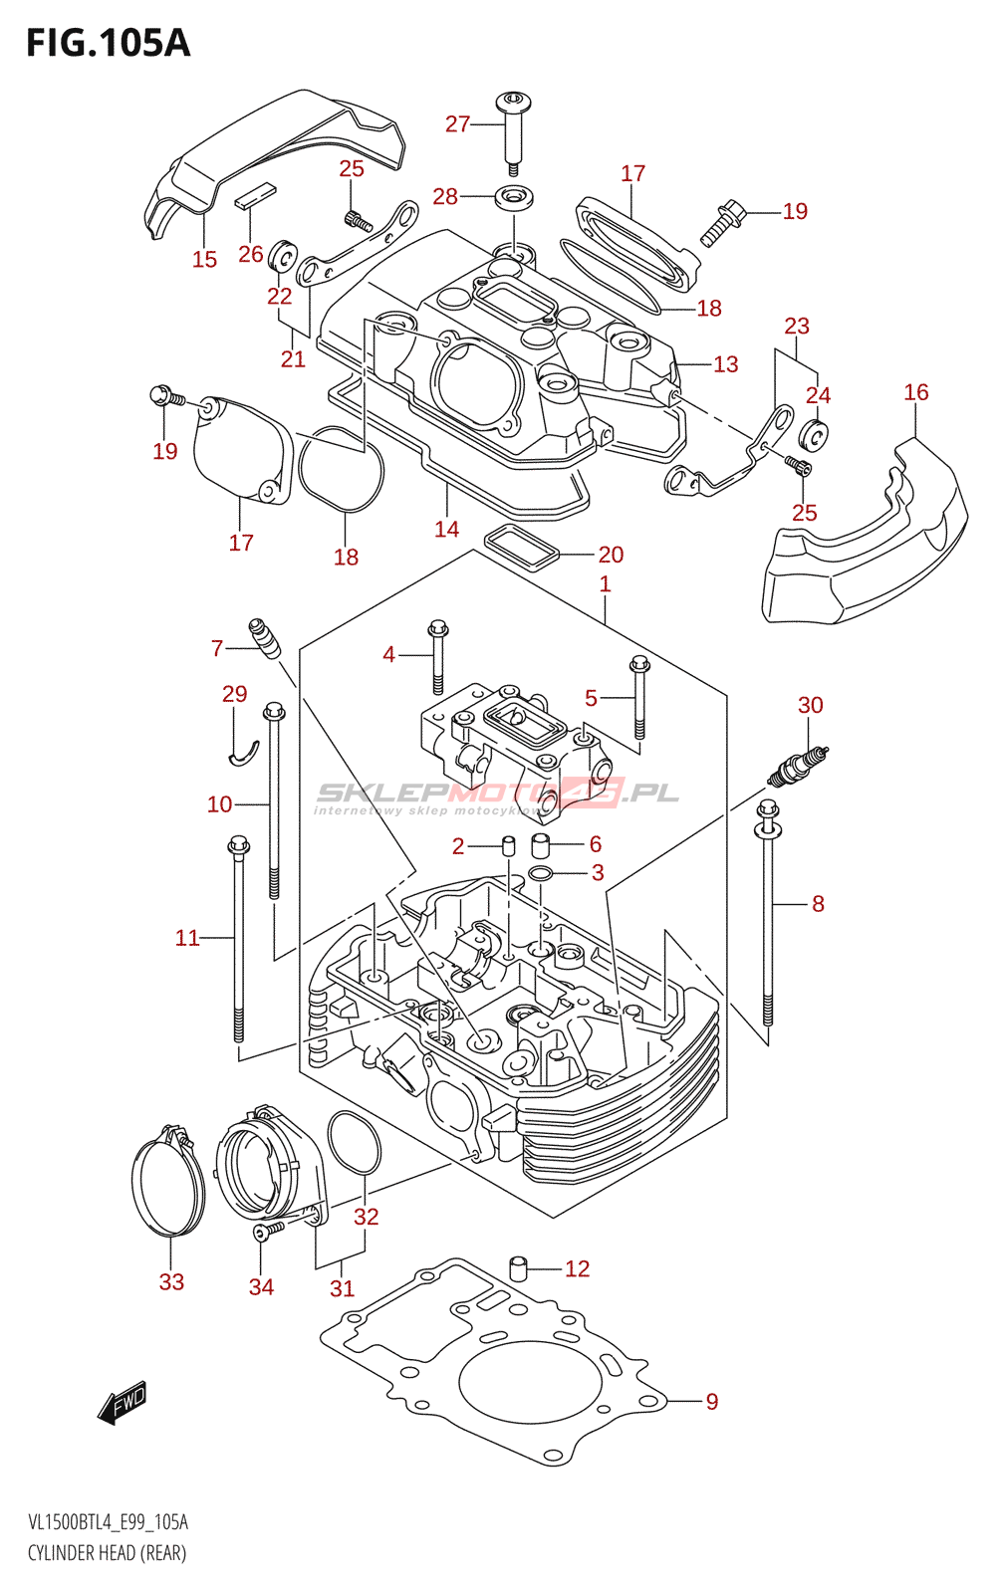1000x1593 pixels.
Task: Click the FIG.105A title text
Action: pos(108,43)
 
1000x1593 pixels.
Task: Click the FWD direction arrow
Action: pos(123,1402)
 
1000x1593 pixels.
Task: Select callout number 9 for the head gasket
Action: pos(711,1401)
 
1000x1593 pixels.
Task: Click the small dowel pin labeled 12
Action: pos(518,1268)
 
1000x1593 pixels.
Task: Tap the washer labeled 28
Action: pos(513,196)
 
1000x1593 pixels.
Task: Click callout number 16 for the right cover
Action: pos(915,392)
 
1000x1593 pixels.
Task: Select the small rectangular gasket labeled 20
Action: pos(521,548)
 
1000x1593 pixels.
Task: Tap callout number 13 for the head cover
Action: pos(725,364)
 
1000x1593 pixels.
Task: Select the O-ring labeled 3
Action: pos(541,873)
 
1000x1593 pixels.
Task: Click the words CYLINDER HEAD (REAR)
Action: pos(107,1553)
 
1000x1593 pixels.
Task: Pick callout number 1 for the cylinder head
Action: pos(605,583)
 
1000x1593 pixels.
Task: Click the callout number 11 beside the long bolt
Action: pos(187,937)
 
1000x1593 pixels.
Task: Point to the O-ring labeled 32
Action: pos(354,1142)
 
